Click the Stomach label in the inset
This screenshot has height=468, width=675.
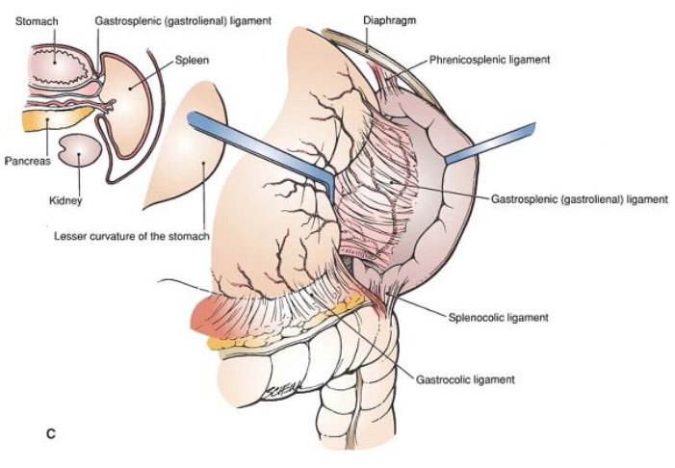click(x=37, y=21)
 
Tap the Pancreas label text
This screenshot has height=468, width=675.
click(x=28, y=161)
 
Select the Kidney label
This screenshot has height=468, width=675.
click(x=65, y=200)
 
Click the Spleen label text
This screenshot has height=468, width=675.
click(x=192, y=61)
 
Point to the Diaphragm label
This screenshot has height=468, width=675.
click(x=390, y=20)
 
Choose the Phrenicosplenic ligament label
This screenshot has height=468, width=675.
click(x=490, y=60)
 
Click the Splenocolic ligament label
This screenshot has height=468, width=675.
click(x=499, y=318)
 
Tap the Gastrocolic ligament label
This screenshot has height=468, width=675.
click(x=465, y=379)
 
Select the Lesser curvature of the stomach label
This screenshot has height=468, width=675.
click(x=132, y=236)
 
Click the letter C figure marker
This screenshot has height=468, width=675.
click(x=51, y=433)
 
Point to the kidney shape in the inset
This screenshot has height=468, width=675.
click(x=81, y=150)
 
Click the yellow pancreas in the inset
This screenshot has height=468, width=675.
click(x=56, y=118)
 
